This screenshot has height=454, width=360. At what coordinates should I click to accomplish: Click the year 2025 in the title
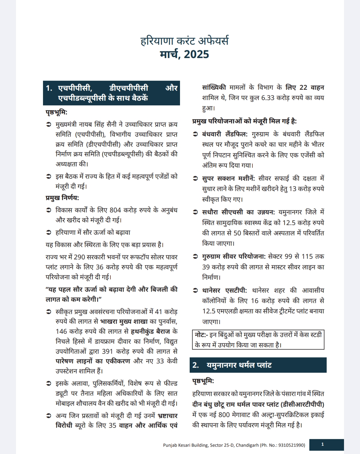196,54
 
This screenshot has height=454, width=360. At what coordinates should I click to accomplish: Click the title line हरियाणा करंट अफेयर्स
184,41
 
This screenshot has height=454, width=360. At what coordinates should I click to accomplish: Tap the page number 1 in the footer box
322,444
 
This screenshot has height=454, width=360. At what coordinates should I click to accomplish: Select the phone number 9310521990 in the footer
291,445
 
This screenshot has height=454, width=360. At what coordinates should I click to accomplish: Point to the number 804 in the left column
115,210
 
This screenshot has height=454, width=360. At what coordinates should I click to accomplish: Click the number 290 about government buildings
79,257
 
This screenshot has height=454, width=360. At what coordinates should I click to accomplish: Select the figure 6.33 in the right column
268,98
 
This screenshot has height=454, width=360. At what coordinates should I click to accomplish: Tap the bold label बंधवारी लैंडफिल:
225,134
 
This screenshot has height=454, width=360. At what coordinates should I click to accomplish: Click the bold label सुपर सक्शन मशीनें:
228,178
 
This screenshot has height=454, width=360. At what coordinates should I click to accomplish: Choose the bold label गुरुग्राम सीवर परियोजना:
234,256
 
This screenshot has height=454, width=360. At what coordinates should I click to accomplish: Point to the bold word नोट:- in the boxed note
201,335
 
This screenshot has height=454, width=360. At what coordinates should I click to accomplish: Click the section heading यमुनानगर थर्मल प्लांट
239,365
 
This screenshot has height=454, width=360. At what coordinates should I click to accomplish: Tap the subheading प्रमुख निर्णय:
62,198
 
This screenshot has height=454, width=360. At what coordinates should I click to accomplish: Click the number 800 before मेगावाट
224,415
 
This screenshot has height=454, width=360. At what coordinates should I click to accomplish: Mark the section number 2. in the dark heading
196,365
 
